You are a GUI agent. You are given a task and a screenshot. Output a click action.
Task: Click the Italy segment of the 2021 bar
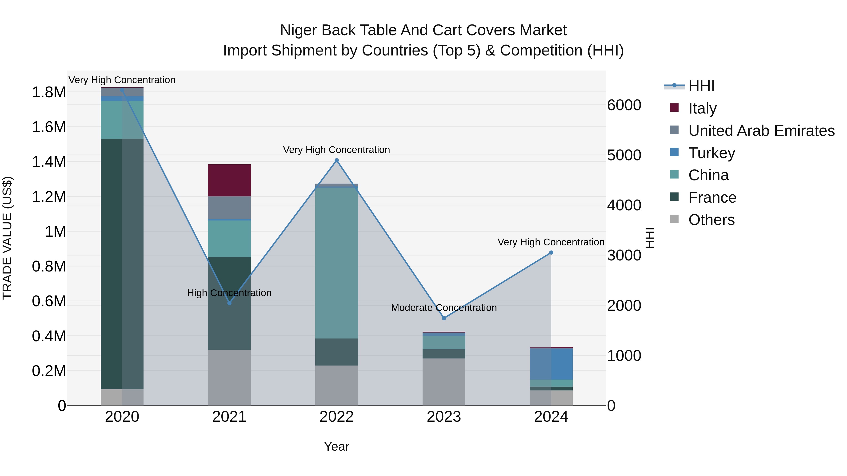[x=229, y=180]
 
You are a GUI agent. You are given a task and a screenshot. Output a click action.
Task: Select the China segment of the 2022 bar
[x=336, y=263]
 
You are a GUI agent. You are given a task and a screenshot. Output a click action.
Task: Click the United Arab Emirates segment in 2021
[x=229, y=207]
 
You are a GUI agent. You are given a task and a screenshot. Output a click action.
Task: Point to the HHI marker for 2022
[x=336, y=160]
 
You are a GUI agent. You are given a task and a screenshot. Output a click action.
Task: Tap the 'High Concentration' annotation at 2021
[x=229, y=293]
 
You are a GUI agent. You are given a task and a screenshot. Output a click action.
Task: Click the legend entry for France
[x=712, y=198]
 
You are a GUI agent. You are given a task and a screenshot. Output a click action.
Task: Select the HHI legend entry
[x=701, y=86]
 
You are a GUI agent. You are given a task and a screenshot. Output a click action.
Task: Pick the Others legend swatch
[x=674, y=219]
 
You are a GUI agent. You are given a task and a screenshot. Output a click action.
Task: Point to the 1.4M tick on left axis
[x=49, y=162]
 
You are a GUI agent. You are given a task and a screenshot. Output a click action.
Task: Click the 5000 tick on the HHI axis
[x=624, y=155]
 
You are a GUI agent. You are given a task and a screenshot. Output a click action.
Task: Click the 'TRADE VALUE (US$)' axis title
[x=7, y=238]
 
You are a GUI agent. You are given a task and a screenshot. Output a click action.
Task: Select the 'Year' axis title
[x=336, y=446]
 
